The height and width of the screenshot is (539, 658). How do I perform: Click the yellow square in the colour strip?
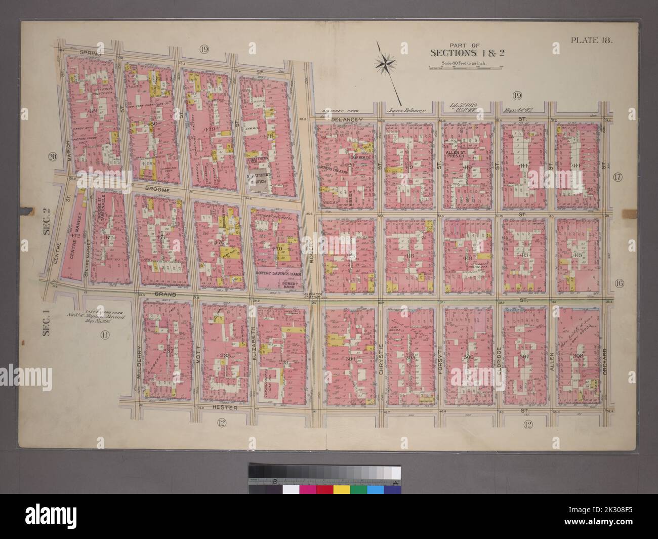(x=341, y=489)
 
